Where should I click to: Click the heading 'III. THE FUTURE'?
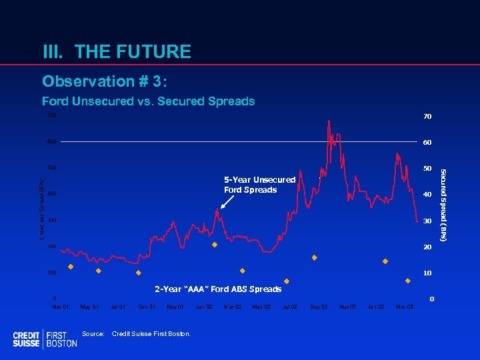pyautogui.click(x=117, y=51)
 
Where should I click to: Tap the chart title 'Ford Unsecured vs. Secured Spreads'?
pyautogui.click(x=148, y=101)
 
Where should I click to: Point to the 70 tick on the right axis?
pyautogui.click(x=427, y=117)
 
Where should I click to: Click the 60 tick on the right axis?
pyautogui.click(x=427, y=143)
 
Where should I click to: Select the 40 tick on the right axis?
pyautogui.click(x=427, y=195)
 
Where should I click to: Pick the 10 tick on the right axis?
pyautogui.click(x=427, y=273)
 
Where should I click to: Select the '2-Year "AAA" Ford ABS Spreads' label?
pyautogui.click(x=218, y=289)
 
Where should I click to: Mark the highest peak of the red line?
pyautogui.click(x=328, y=121)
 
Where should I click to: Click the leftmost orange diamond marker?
pyautogui.click(x=71, y=267)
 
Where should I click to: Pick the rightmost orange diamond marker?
pyautogui.click(x=407, y=281)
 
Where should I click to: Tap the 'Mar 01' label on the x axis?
pyautogui.click(x=61, y=307)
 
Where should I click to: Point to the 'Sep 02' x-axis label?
pyautogui.click(x=319, y=307)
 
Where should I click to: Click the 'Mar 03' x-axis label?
pyautogui.click(x=405, y=307)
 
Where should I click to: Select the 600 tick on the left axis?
pyautogui.click(x=52, y=142)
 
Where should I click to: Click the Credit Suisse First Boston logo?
pyautogui.click(x=45, y=339)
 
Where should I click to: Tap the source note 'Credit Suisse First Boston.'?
pyautogui.click(x=151, y=333)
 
